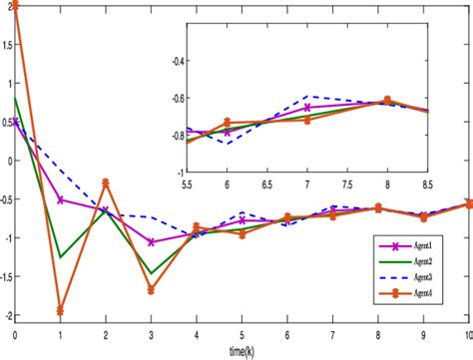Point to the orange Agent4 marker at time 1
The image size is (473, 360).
[x=60, y=311]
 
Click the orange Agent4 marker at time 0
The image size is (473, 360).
[x=15, y=5]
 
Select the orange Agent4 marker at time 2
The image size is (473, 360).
[x=106, y=182]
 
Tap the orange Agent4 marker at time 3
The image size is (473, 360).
[x=151, y=290]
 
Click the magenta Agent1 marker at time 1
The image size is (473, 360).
[x=60, y=199]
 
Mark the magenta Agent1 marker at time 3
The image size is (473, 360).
[x=151, y=242]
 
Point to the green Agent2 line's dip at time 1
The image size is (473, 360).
[x=60, y=257]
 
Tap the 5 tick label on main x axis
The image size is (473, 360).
[x=241, y=333]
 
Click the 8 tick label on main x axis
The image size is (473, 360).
[x=377, y=333]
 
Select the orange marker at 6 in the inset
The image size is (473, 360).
[x=228, y=122]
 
